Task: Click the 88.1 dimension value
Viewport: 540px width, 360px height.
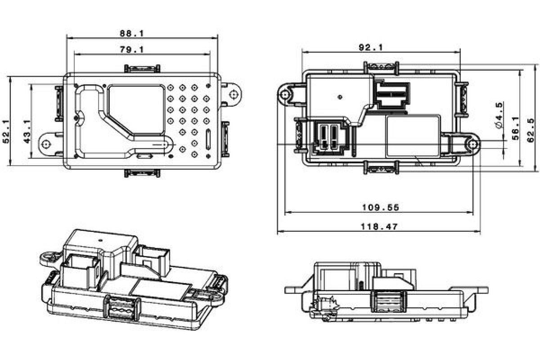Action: [x=131, y=33]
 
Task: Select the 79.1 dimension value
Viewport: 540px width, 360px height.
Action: [x=131, y=49]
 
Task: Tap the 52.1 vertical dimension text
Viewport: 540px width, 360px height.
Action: [x=6, y=131]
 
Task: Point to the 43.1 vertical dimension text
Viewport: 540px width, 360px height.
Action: [x=27, y=131]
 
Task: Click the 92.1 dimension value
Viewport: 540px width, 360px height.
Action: [x=371, y=47]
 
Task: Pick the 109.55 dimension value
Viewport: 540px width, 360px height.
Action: [x=381, y=207]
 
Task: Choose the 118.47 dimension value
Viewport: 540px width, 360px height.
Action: [x=379, y=226]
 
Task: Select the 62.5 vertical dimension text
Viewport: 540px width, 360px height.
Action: [x=531, y=130]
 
